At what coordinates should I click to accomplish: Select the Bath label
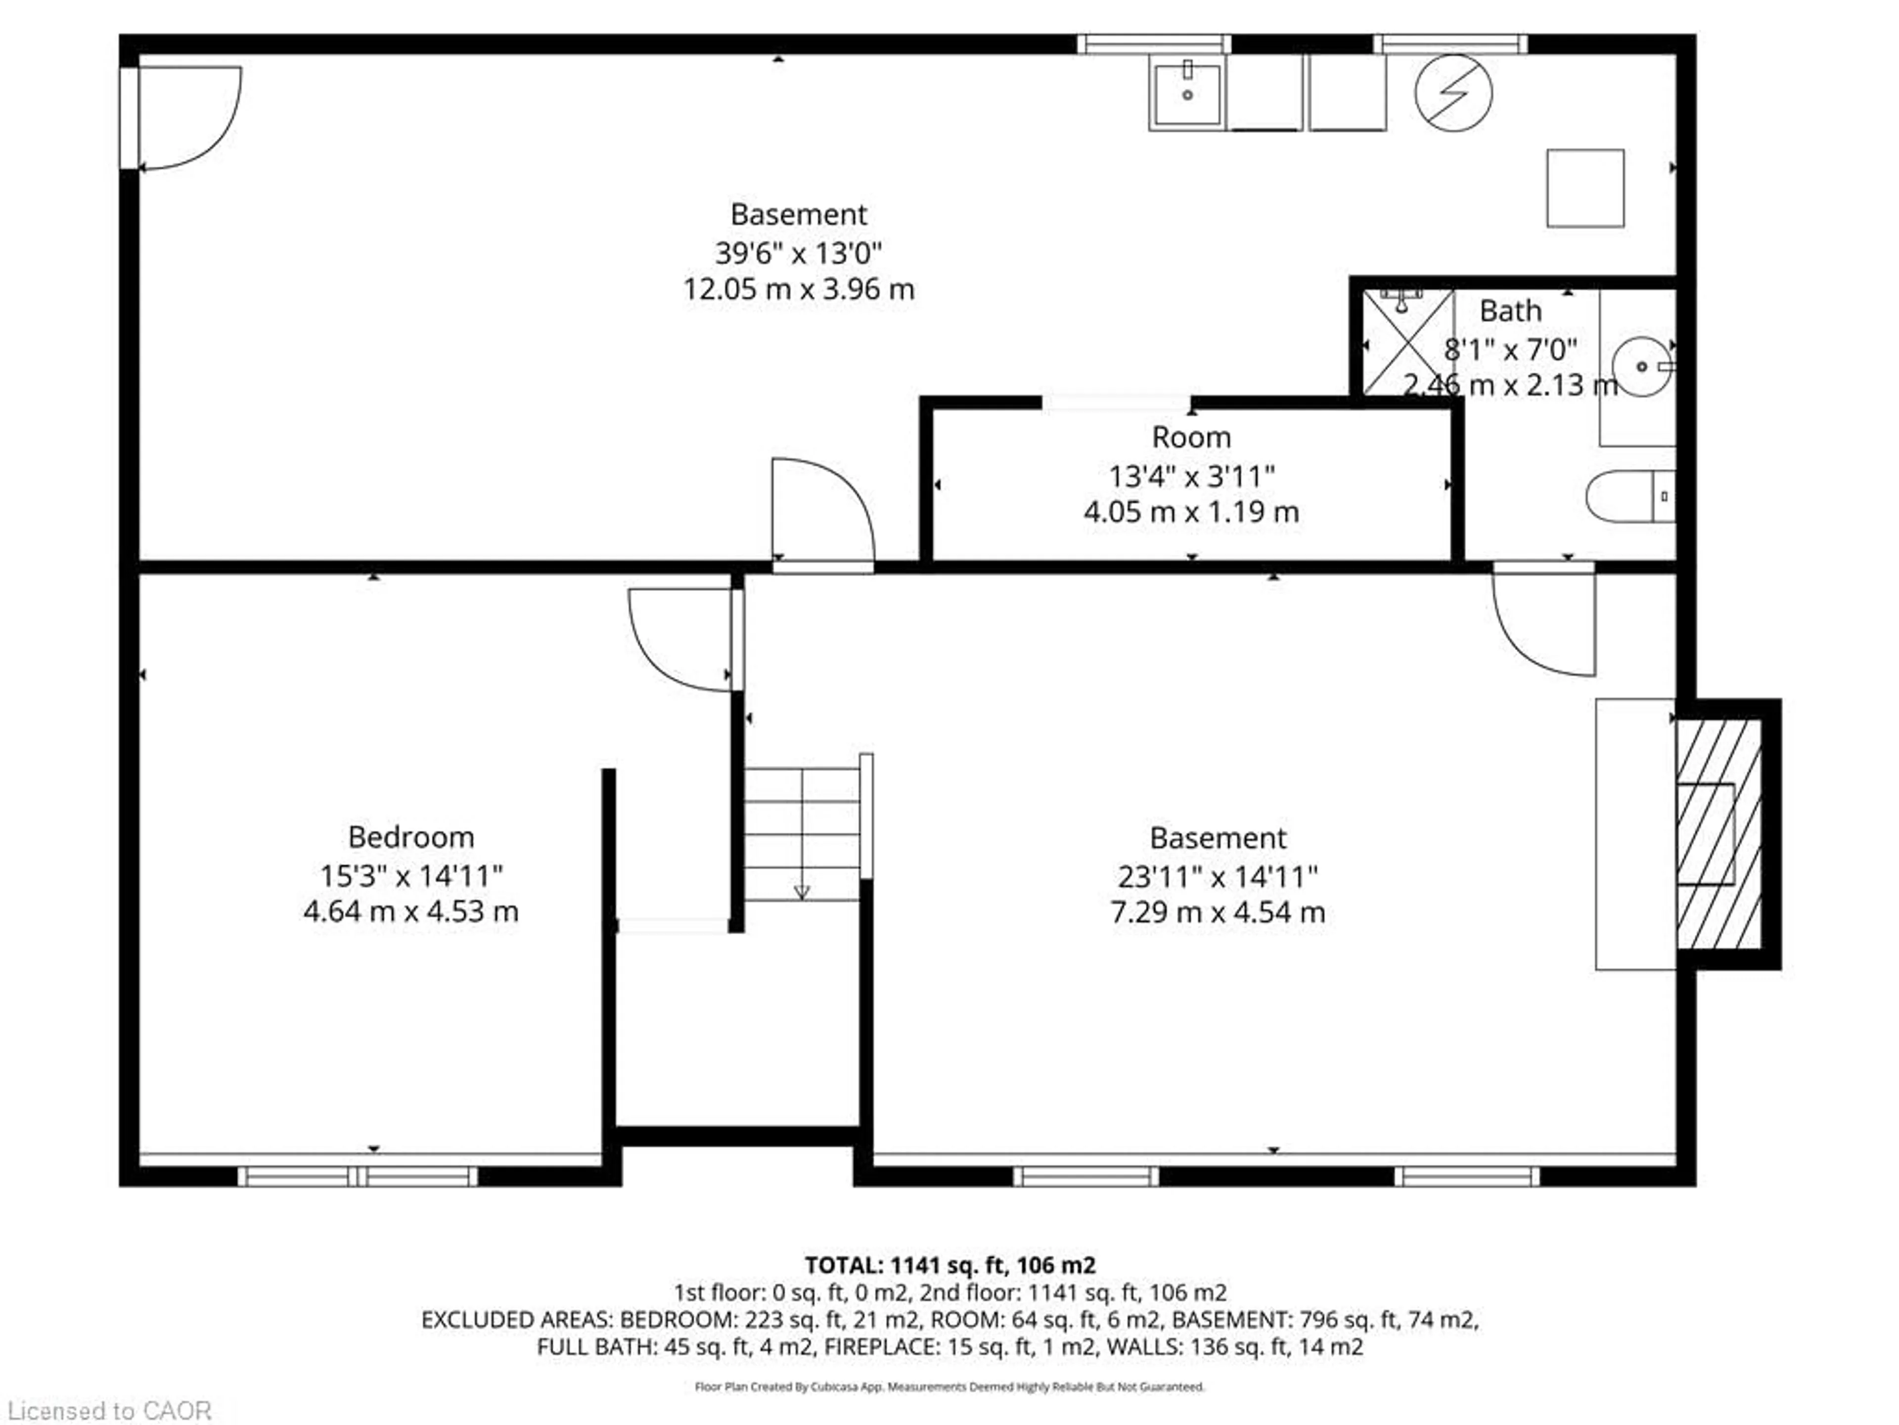pos(1510,311)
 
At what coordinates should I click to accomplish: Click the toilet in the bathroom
pos(1628,496)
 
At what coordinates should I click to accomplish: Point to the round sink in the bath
pos(1640,367)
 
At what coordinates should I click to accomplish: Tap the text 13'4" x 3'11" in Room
pos(1191,476)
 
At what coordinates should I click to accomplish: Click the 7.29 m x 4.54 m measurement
pos(1218,912)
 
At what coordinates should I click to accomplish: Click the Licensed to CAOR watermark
pos(108,1410)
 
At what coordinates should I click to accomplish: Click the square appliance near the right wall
pos(1585,188)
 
